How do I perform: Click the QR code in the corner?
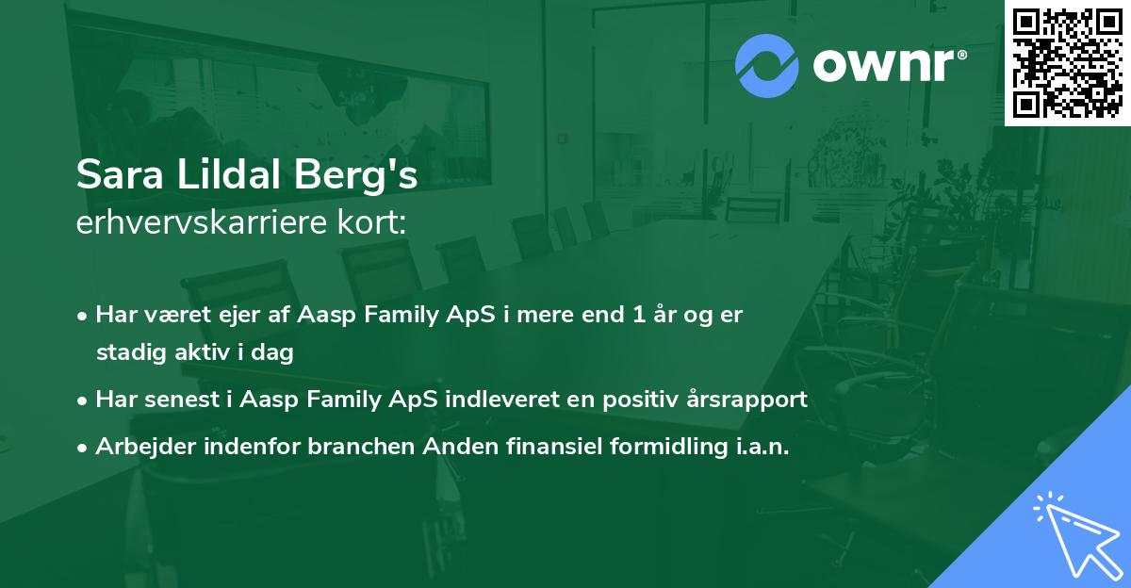tap(1067, 63)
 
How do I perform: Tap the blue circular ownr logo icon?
tap(767, 66)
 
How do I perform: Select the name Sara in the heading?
tap(120, 174)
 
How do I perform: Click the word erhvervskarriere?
tap(202, 222)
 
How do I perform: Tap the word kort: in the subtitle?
tap(371, 222)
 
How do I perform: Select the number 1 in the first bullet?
tap(639, 315)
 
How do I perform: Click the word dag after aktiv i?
tap(272, 352)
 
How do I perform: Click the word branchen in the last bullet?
tap(361, 446)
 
